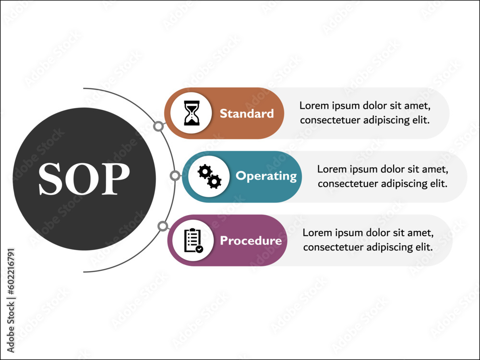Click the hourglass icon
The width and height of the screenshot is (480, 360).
[x=192, y=113]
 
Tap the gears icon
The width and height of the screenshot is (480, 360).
[x=209, y=176]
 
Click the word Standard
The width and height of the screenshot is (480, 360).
[x=247, y=114]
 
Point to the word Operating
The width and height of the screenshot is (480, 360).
[x=266, y=176]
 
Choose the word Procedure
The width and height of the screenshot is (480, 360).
[x=251, y=240]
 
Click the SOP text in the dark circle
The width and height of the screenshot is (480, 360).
[x=84, y=179]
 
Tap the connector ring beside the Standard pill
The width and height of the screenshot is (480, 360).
[x=158, y=126]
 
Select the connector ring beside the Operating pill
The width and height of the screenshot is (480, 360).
[x=175, y=176]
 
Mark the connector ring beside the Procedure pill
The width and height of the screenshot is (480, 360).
[x=163, y=226]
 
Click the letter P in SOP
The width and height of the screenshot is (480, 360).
[x=116, y=179]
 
